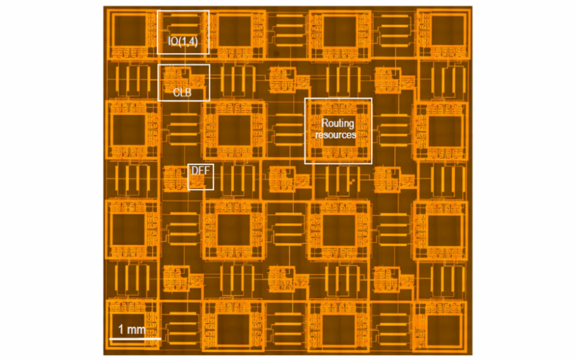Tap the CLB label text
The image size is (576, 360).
pyautogui.click(x=182, y=92)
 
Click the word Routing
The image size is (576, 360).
pyautogui.click(x=338, y=124)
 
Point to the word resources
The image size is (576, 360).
pyautogui.click(x=335, y=135)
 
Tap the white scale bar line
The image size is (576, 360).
pyautogui.click(x=135, y=338)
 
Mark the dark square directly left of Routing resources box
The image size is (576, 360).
pyautogui.click(x=234, y=130)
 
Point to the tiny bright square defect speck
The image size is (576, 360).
pyautogui.click(x=351, y=182)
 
